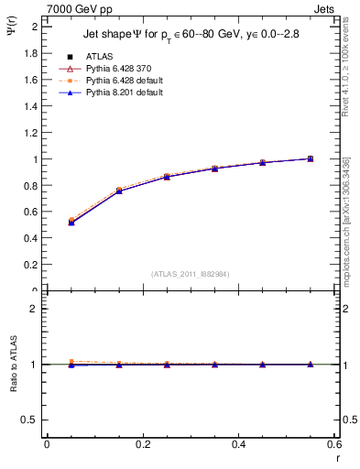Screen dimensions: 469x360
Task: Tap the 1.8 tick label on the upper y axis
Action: (30, 53)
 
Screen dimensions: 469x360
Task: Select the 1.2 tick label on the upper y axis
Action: (30, 133)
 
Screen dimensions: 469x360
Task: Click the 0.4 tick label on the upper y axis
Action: (30, 239)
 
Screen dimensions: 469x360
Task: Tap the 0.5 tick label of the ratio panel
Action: (30, 420)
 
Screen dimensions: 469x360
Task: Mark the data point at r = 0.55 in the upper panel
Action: (311, 158)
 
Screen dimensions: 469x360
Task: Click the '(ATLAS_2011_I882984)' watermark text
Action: (190, 274)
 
